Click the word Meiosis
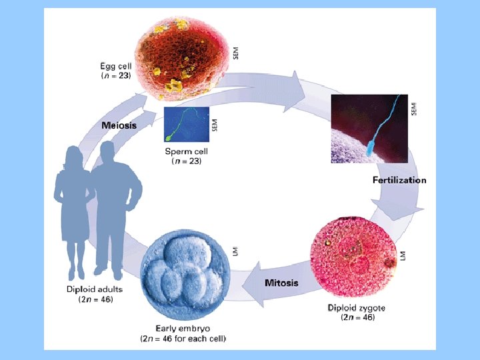[x=119, y=125]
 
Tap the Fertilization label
[x=399, y=180]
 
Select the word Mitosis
[x=282, y=283]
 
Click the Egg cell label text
[x=116, y=65]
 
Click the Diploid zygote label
[x=356, y=307]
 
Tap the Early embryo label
[x=183, y=328]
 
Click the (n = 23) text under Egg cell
[x=116, y=76]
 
